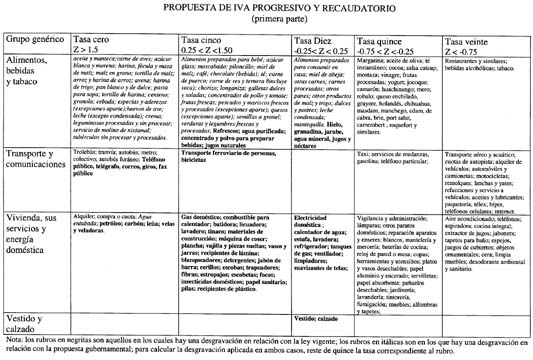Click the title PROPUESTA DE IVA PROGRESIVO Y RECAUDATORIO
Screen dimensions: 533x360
pyautogui.click(x=265, y=7)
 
